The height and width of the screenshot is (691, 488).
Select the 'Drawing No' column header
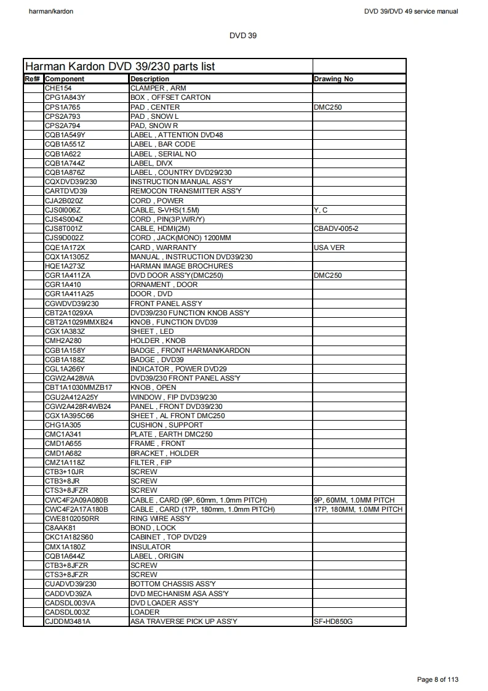(333, 79)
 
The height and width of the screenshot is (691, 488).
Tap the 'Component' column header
(65, 79)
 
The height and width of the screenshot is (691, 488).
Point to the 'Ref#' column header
(33, 79)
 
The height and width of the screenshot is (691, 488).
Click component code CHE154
(58, 88)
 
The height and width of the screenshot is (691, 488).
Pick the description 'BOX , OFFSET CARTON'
(170, 97)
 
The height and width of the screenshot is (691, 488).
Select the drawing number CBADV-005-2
(336, 228)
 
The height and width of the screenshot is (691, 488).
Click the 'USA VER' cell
(329, 247)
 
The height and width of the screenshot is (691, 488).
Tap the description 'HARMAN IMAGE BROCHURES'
(182, 266)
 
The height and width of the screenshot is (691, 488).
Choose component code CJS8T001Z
(64, 228)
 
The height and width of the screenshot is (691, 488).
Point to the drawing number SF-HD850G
(333, 621)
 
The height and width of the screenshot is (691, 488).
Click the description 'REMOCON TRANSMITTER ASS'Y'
(186, 191)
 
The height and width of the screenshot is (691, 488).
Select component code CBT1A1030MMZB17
(79, 387)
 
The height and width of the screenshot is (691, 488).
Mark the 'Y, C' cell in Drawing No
(321, 210)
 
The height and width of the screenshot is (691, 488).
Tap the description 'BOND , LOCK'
(153, 528)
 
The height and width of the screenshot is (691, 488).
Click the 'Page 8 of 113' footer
(438, 679)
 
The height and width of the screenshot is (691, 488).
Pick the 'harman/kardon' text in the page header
(51, 11)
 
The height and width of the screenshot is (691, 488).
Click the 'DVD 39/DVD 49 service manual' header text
(411, 11)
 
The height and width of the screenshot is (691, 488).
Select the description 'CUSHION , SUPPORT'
(167, 425)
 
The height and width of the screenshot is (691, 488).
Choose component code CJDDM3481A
(68, 621)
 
